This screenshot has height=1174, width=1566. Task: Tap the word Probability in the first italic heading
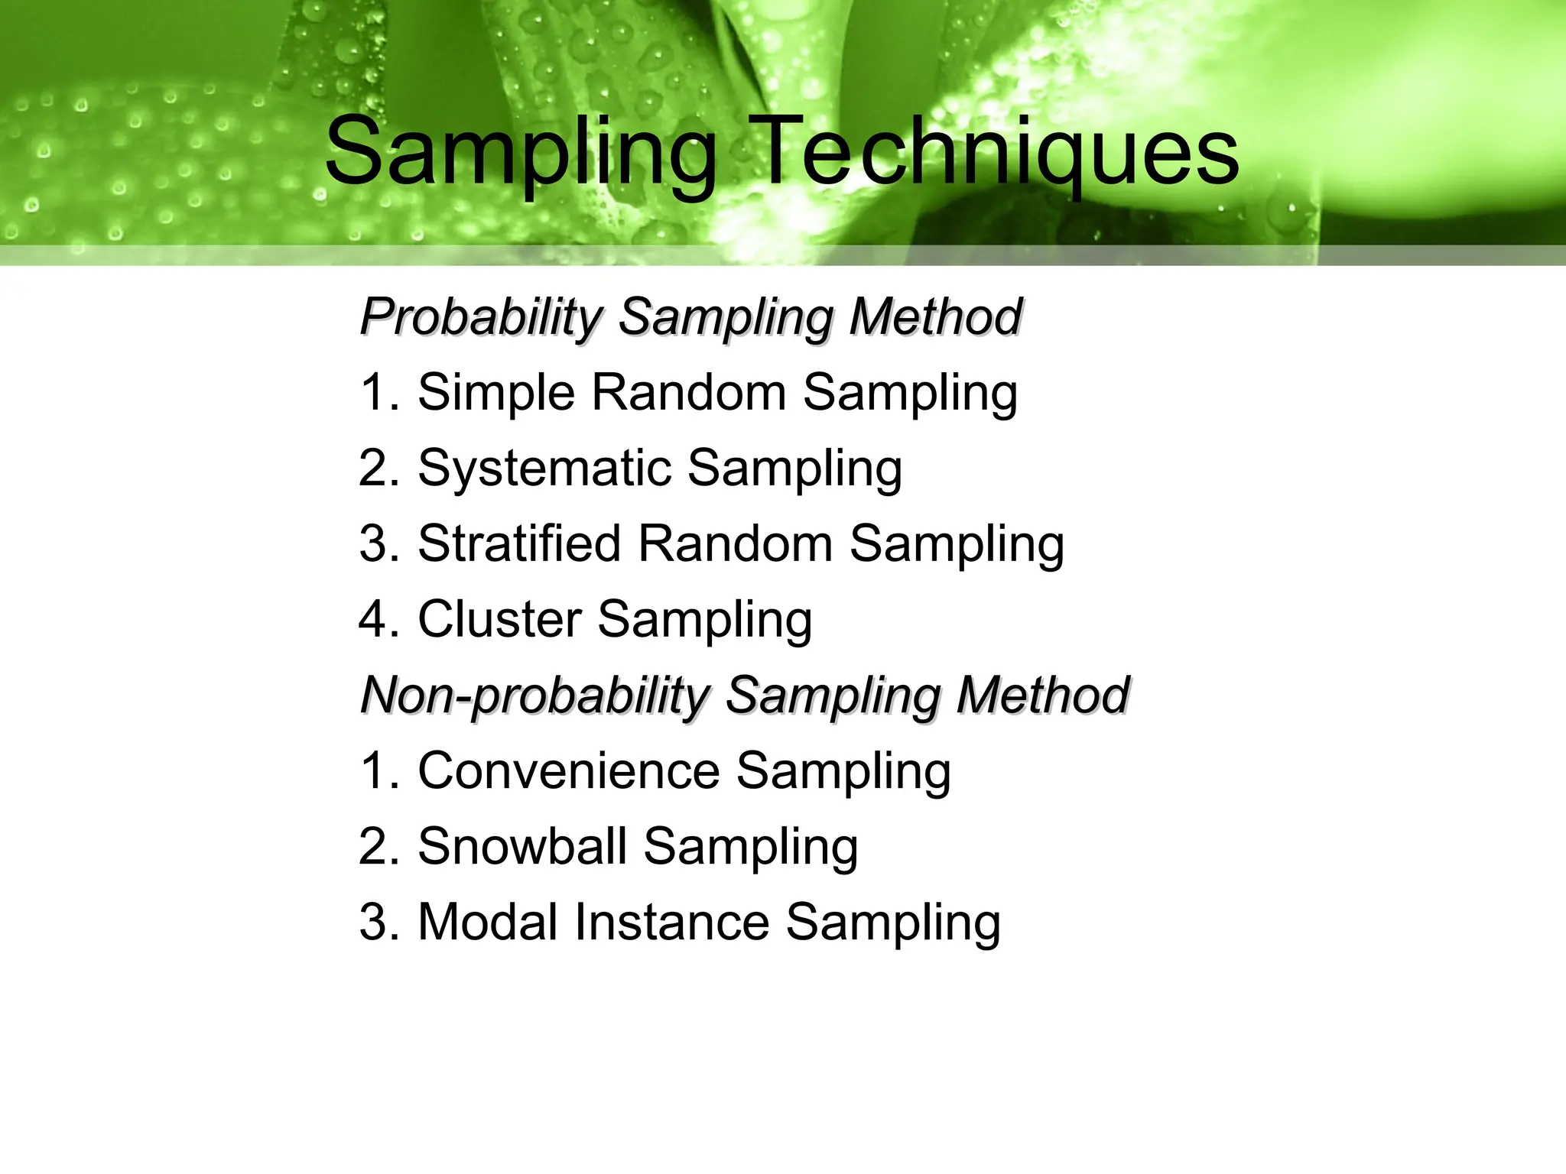[x=482, y=316]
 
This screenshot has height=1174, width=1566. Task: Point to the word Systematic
[x=544, y=468]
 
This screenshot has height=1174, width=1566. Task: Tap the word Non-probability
[x=535, y=695]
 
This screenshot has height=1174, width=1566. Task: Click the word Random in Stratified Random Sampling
[x=735, y=543]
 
